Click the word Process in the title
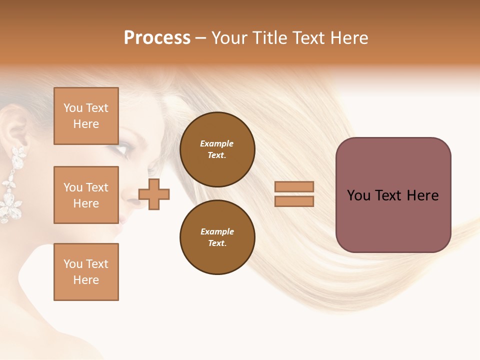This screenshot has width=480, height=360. coord(157,38)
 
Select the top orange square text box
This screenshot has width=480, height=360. coord(86,116)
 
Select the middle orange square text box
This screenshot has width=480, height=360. coord(86,195)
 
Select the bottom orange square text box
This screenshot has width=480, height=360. coord(86,272)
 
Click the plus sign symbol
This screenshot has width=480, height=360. coord(154,194)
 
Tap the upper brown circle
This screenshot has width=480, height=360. coord(217,149)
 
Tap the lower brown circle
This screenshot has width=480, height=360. coord(217,237)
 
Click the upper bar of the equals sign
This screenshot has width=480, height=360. coord(294,186)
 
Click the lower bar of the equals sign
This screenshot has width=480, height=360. coord(294,201)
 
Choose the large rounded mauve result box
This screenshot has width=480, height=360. coord(393,195)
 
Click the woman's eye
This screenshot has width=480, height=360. coord(123,149)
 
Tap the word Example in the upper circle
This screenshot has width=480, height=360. coord(217,143)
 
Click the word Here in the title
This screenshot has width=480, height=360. coord(349,38)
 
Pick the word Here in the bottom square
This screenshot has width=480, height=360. coord(86,280)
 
